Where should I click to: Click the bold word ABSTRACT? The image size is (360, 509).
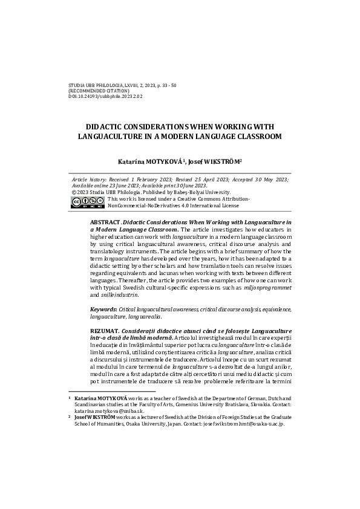[105, 223]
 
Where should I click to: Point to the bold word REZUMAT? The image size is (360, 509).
[104, 331]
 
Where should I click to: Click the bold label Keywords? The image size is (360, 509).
[103, 309]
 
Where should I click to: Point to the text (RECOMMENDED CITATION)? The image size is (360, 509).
[99, 91]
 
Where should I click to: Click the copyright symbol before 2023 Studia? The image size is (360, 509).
[74, 192]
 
